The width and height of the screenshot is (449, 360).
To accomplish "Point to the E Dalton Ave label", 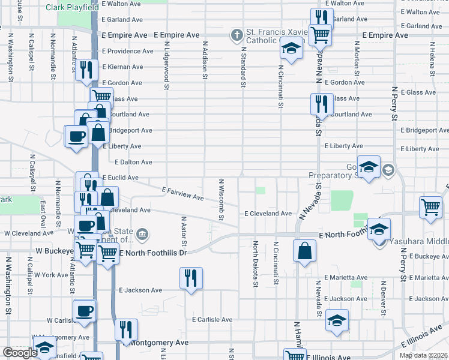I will click(133, 163).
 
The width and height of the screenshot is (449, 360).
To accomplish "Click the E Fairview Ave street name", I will click(183, 193).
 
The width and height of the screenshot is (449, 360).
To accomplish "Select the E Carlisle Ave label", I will click(212, 320).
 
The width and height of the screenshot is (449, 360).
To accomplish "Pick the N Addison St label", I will click(205, 60).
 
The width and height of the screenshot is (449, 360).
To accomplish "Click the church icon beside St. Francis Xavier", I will click(237, 34).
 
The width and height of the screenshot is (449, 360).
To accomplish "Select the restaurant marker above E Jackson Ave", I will click(191, 277).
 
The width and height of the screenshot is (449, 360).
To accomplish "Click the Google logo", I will click(20, 353).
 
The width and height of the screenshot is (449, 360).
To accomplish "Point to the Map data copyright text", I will click(424, 355).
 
